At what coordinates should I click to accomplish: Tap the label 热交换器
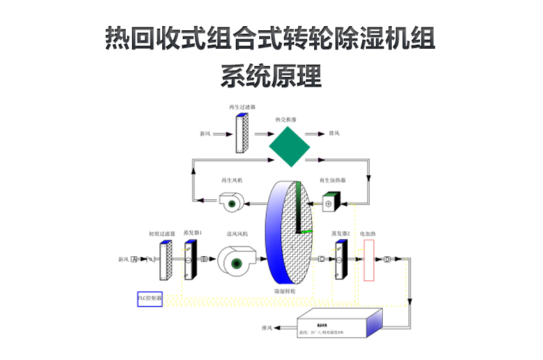coord(285,120)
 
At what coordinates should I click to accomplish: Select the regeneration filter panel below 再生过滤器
coord(241,134)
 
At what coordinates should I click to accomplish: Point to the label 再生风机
coord(232,181)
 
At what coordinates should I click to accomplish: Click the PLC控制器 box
coord(150,299)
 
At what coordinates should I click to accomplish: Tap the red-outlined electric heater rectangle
coord(368,260)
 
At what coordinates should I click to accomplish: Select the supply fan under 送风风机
coord(235,260)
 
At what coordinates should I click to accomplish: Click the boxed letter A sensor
coord(134,259)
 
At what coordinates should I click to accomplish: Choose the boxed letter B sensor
coord(204,259)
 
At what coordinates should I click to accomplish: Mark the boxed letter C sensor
coord(321,259)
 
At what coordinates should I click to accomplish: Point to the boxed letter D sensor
coord(387,259)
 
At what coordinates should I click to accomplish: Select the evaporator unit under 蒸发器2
coord(339,260)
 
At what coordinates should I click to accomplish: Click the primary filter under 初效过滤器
coord(165,260)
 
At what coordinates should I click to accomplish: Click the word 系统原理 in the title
coord(271,76)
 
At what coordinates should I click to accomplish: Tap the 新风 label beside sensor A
coord(123,259)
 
